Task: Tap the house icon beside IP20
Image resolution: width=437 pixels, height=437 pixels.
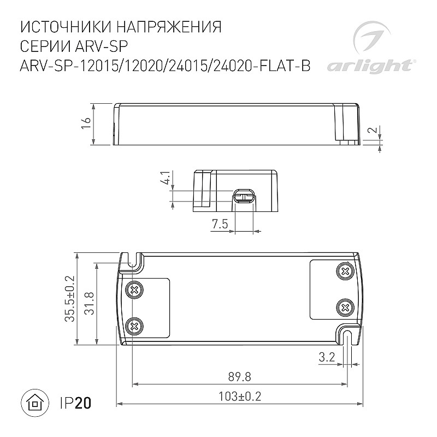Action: pos(35,403)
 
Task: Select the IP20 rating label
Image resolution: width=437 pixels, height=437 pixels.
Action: pos(76,403)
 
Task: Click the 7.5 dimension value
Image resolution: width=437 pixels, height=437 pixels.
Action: pos(220,224)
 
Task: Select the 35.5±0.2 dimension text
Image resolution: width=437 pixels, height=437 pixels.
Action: pos(70,298)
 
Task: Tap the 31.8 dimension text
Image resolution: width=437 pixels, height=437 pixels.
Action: pos(89,303)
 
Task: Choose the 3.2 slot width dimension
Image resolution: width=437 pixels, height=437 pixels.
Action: pos(327,357)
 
